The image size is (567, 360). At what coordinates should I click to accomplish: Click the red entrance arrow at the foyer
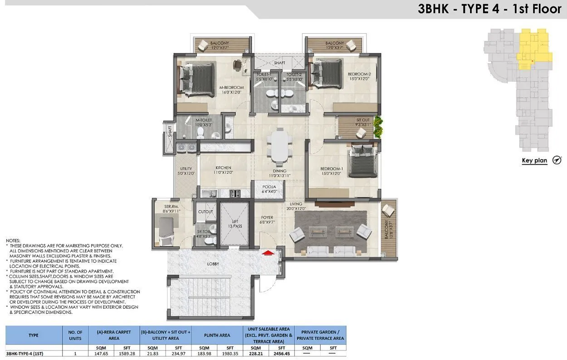269,253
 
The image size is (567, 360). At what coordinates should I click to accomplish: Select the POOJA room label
269,189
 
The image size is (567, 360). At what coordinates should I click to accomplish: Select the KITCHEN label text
224,168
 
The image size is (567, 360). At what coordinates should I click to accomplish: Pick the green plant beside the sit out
377,127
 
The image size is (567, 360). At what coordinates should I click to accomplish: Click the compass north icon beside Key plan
557,160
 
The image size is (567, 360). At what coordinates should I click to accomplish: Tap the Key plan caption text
534,161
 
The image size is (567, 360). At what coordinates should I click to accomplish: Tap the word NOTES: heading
13,240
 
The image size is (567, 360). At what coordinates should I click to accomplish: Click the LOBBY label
213,264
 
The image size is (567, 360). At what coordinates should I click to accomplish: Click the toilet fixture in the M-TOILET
200,132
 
